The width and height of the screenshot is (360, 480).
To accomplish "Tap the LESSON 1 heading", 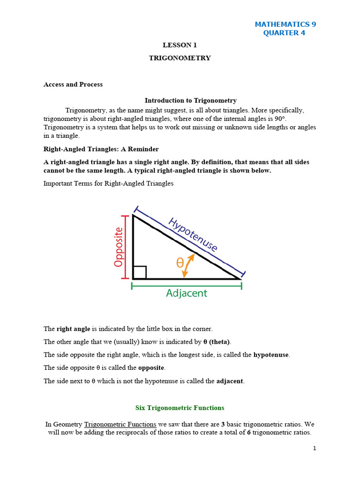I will (180, 45).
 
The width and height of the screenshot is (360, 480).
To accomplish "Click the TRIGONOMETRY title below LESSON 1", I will (180, 58).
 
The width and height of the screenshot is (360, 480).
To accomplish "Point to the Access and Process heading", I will (73, 84).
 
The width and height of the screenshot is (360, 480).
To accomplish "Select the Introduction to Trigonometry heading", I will (190, 100).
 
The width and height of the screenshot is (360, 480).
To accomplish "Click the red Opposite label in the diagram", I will (119, 247).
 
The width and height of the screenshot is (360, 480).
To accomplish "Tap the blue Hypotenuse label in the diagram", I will (193, 234).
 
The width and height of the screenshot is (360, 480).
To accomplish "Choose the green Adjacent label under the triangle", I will (187, 293).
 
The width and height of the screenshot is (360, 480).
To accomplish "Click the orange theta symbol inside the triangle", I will (180, 263).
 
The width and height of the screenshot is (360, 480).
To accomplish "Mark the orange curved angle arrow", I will (187, 265).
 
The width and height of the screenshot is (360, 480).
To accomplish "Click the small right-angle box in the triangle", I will (140, 272).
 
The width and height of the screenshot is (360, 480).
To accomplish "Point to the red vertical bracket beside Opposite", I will (125, 247).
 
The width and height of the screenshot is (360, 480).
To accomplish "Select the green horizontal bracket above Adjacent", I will (187, 285).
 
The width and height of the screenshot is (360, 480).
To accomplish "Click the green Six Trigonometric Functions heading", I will (180, 408).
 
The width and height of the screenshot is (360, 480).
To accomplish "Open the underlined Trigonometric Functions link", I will (120, 424).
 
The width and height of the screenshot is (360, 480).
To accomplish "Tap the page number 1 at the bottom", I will (315, 449).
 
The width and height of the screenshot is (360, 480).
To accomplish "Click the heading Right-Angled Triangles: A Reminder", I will (101, 149).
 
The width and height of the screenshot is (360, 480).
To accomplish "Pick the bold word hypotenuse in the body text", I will (271, 355).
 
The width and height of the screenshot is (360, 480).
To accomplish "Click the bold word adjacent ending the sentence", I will (230, 381).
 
